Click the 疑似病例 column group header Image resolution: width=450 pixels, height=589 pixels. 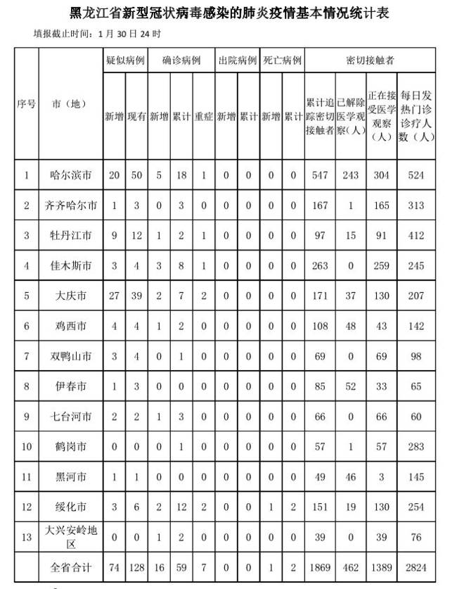point(124,61)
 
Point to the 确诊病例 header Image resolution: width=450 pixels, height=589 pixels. point(181,61)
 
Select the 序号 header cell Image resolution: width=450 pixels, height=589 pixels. point(27,103)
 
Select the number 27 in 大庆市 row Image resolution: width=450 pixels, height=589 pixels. point(114,296)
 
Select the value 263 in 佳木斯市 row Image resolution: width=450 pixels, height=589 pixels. point(320,266)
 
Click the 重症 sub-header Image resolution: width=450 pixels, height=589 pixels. point(203,116)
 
